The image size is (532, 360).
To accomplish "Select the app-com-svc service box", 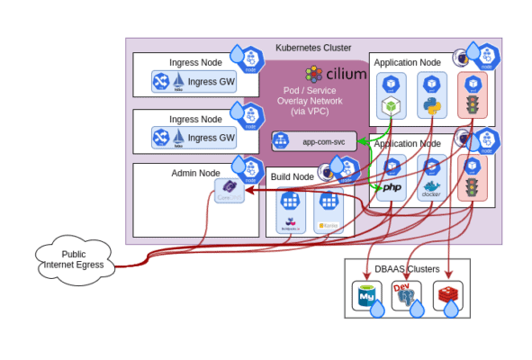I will [x=314, y=141].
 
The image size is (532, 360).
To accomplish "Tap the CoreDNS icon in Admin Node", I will [x=229, y=191].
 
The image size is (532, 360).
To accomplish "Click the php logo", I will [x=392, y=188].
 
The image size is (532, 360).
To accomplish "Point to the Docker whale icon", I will [x=431, y=190].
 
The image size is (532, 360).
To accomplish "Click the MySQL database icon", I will [x=365, y=295].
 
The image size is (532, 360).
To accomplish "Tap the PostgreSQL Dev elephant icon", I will [x=406, y=295].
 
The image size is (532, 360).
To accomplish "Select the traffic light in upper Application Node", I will [x=471, y=103].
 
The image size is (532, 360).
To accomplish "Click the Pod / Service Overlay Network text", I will [x=312, y=102].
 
